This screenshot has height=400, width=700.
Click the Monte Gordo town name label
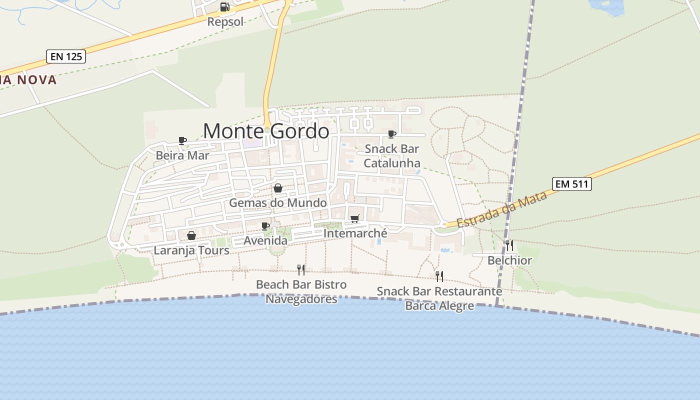(x=266, y=131)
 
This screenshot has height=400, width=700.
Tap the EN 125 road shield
(x=66, y=56)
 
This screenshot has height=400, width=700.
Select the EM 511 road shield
(x=572, y=184)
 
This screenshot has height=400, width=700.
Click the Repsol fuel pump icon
(x=224, y=7)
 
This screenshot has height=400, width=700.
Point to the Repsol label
(x=225, y=21)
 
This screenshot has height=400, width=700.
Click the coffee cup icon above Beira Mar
(x=182, y=141)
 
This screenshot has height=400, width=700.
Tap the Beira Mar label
(x=182, y=155)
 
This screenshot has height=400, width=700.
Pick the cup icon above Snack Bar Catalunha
(x=392, y=134)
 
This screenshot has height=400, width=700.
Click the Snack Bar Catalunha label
(x=392, y=156)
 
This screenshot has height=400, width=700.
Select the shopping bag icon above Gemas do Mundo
(x=278, y=188)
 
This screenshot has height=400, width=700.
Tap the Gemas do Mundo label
(x=278, y=202)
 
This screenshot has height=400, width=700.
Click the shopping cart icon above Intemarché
(x=355, y=218)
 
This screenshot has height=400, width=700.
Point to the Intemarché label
(x=355, y=233)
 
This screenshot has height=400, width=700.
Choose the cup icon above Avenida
(x=265, y=226)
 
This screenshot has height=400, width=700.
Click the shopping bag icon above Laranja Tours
(x=191, y=235)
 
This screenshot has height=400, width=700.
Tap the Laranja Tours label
(x=191, y=250)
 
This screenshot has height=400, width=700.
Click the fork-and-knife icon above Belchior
(x=509, y=245)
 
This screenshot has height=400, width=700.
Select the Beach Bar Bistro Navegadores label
(x=301, y=292)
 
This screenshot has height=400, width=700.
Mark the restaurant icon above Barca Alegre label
(x=439, y=276)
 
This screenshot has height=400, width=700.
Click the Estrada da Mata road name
(x=501, y=209)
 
